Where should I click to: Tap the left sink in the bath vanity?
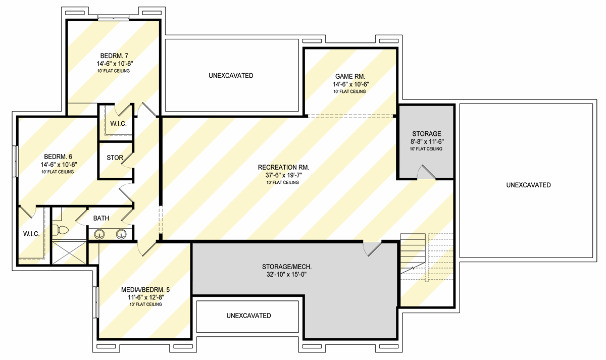tap(99, 234)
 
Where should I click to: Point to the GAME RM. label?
tap(349, 77)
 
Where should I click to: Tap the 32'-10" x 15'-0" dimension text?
tap(284, 275)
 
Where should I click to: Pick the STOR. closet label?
tap(115, 158)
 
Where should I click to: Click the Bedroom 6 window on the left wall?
tap(16, 161)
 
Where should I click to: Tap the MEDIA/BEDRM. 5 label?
tap(145, 290)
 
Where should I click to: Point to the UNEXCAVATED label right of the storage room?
tap(528, 185)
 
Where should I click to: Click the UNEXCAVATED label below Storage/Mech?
tap(248, 316)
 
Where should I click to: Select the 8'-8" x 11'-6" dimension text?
tap(427, 142)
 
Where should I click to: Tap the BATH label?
tap(101, 218)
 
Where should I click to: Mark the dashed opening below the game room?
tap(350, 116)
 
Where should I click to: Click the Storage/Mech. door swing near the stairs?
tap(372, 248)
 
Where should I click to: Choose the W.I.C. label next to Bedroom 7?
tap(118, 124)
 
